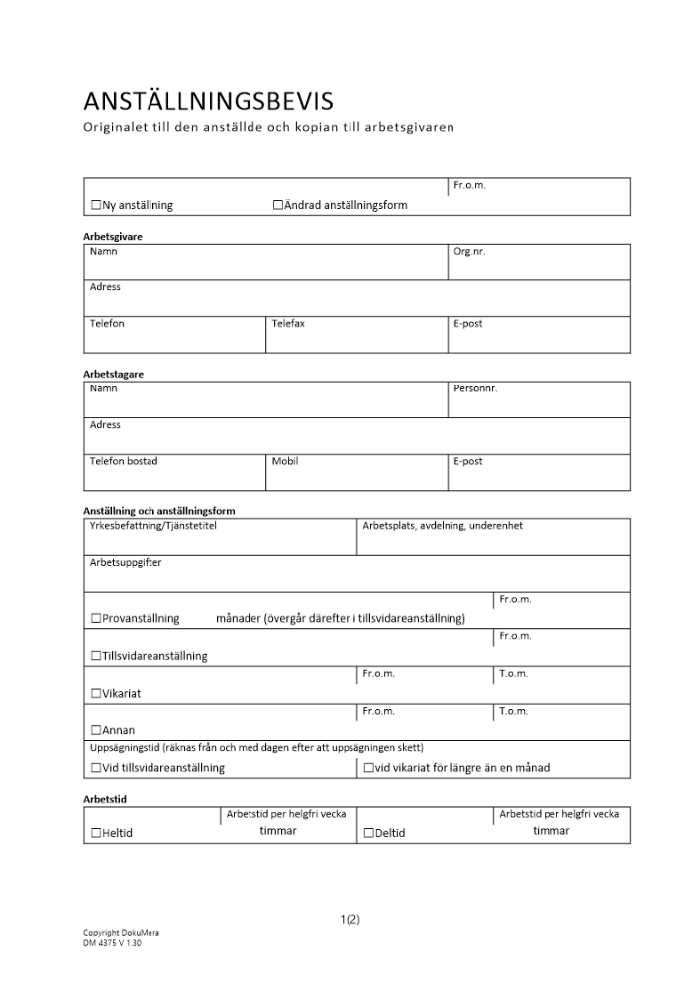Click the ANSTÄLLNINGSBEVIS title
(208, 101)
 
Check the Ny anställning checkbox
(96, 205)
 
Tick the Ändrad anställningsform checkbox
(278, 205)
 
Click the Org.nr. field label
(469, 252)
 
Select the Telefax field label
(288, 324)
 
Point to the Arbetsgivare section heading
(112, 237)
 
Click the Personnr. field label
(475, 388)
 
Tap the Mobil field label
(285, 461)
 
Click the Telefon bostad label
(124, 461)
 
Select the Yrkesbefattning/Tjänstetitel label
(153, 525)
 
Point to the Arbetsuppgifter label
(126, 562)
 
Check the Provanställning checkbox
(96, 618)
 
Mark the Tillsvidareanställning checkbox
(96, 656)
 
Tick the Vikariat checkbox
(96, 694)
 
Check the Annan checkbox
(96, 730)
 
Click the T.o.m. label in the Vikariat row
(514, 674)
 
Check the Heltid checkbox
(96, 833)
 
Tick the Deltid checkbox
(369, 833)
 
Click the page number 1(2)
(350, 919)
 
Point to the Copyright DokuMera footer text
(121, 933)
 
